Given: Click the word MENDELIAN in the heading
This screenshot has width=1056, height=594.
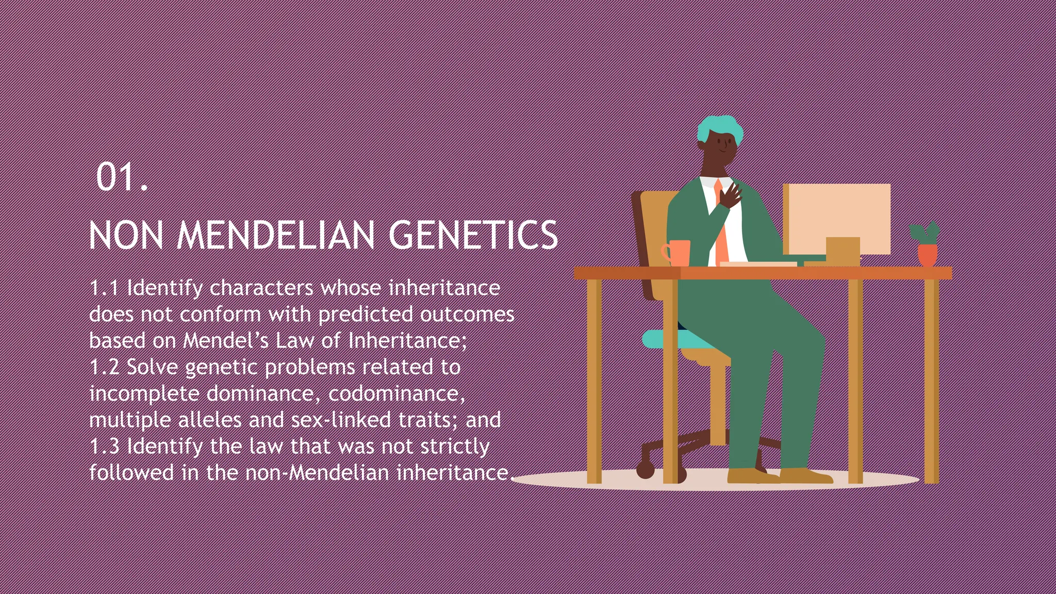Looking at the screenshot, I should [x=276, y=236].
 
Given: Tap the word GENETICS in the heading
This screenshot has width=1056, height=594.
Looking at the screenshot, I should [x=473, y=236].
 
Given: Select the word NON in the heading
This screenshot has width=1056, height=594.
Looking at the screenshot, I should [x=126, y=236].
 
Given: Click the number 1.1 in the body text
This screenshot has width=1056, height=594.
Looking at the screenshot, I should [x=105, y=288].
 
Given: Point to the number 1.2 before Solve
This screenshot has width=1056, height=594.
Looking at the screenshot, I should [x=105, y=368].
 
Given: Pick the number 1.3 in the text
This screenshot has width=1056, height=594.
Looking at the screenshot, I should [x=105, y=447].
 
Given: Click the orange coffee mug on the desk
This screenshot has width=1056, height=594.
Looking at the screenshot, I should [x=678, y=253].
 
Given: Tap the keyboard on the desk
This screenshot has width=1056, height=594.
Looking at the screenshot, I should [x=758, y=265].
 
